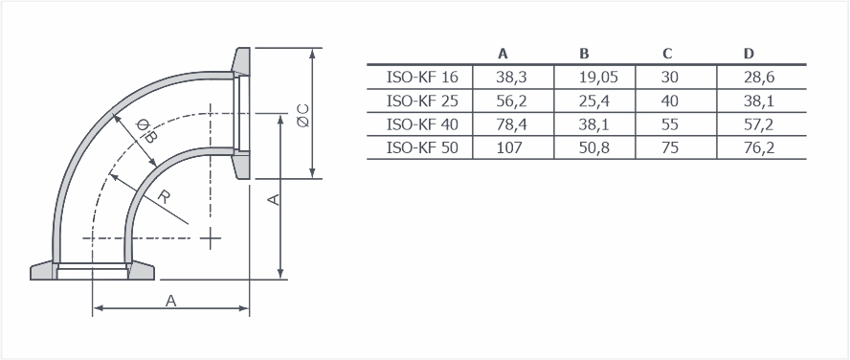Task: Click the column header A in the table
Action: [503, 54]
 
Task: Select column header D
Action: [749, 54]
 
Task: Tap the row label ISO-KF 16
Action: [422, 77]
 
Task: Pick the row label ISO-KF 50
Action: [422, 147]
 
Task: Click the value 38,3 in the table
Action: [511, 78]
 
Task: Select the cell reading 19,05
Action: [598, 78]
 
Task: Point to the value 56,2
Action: [511, 101]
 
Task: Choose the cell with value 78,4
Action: [511, 124]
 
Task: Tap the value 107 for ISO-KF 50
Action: [509, 147]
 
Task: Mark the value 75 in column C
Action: [669, 147]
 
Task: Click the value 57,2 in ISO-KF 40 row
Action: [759, 124]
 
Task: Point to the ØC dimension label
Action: [303, 116]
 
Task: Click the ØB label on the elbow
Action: [145, 130]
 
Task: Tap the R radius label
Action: [163, 196]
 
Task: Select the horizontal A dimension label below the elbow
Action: [170, 301]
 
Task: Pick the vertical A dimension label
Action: [275, 199]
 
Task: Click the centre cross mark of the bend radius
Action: [211, 238]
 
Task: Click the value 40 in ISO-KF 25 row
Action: [669, 101]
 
